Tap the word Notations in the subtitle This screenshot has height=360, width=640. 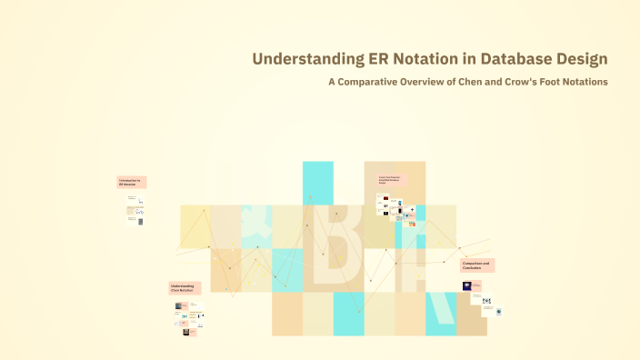[587, 82]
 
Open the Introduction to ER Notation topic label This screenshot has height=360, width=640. [131, 182]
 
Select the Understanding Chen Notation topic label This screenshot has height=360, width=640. [183, 288]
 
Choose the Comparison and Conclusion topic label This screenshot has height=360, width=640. [476, 265]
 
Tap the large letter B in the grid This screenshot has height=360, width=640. [343, 245]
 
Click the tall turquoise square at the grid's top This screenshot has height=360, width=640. [318, 182]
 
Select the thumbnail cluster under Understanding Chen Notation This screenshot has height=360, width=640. [189, 316]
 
